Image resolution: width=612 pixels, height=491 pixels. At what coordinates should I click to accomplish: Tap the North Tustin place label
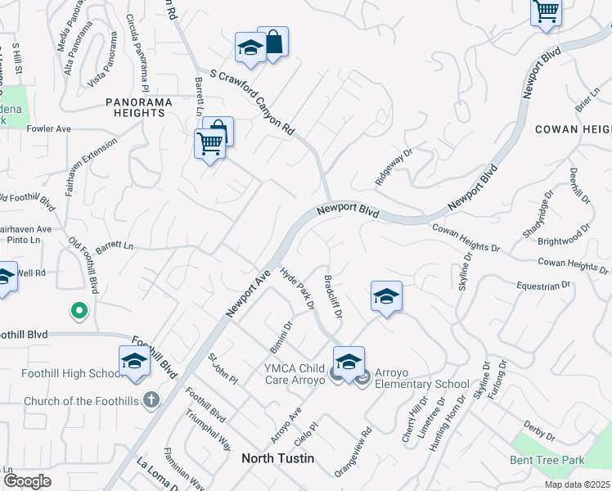pos(277,458)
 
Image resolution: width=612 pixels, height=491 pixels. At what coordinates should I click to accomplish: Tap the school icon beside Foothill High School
pos(135,361)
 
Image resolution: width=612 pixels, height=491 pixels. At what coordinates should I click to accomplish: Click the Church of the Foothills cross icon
pos(150,400)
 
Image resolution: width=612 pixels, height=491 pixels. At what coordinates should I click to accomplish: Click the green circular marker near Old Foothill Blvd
pos(79,310)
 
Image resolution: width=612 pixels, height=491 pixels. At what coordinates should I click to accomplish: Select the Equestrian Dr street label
pos(542,286)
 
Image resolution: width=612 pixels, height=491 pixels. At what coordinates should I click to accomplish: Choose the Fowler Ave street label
pos(49,129)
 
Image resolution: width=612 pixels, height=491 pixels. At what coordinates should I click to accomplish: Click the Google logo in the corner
pos(27,480)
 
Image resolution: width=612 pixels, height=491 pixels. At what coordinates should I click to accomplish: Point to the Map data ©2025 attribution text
pos(577,484)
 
